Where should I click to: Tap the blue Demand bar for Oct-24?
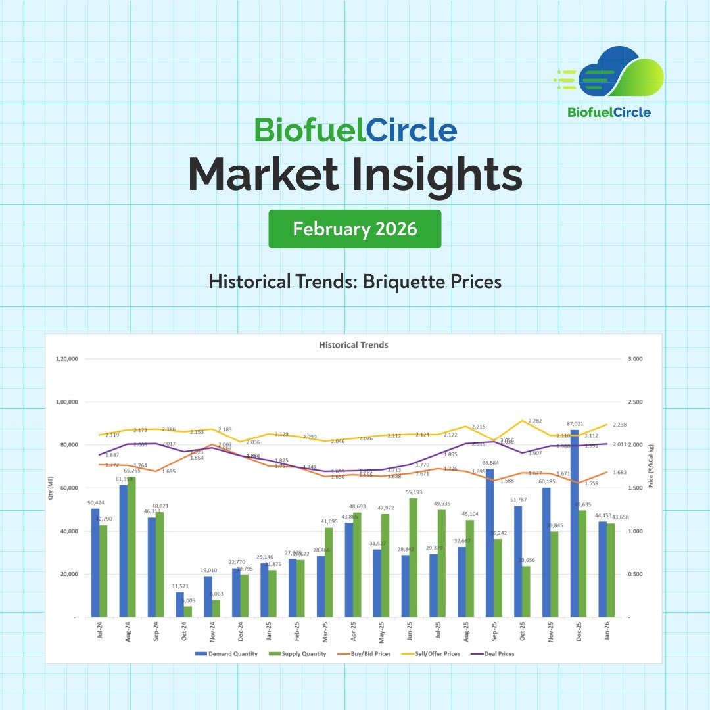(x=180, y=605)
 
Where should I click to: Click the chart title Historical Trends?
(x=354, y=344)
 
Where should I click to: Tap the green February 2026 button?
(x=355, y=229)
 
